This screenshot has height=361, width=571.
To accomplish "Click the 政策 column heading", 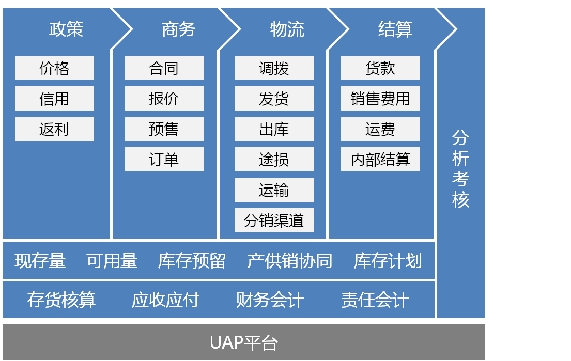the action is [66, 29].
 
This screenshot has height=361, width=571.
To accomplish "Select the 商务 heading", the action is [179, 29].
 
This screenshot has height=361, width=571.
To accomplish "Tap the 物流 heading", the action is [287, 29].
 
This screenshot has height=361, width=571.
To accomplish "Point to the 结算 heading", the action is [395, 29].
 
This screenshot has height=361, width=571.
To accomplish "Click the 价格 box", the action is [54, 68].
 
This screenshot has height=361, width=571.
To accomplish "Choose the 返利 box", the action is [54, 129].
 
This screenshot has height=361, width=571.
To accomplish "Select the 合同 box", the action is [164, 68].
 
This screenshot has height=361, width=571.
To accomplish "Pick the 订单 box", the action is [164, 160].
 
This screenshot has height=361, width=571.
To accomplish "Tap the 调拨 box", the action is [274, 68].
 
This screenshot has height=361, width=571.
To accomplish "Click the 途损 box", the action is [274, 160].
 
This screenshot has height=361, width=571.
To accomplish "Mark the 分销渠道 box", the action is [274, 220].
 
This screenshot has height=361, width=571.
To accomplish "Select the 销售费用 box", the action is [380, 98].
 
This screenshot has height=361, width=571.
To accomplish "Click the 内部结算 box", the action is [380, 160].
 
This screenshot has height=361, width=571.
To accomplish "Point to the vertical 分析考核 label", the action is [460, 169].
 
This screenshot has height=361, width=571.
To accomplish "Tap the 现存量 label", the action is [40, 261].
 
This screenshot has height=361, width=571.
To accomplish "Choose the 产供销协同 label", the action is [290, 261].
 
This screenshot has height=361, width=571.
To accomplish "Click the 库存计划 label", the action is [388, 261].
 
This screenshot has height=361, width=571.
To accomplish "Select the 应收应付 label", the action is [166, 300].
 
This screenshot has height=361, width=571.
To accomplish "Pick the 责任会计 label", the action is [375, 300].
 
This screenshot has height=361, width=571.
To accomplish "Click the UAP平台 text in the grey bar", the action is [244, 343].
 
